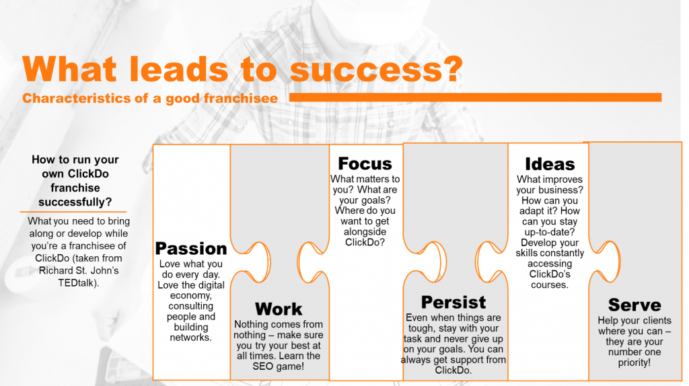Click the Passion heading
[x=191, y=249]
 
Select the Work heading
[x=279, y=309]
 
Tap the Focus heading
[x=365, y=164]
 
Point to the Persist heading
[x=454, y=302]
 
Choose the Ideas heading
[x=550, y=164]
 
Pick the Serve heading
[x=634, y=305]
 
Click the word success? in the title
[x=377, y=69]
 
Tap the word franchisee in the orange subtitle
[x=240, y=98]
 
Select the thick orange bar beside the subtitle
[x=476, y=98]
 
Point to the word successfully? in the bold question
[x=75, y=202]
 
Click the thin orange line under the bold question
[x=73, y=212]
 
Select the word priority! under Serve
[x=634, y=362]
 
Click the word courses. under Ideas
[x=549, y=285]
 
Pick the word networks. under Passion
[x=190, y=338]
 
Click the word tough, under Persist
[x=423, y=328]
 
